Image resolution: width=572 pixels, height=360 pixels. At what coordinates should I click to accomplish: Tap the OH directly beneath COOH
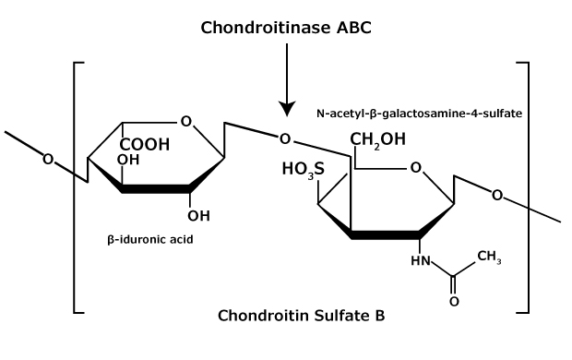point(129,159)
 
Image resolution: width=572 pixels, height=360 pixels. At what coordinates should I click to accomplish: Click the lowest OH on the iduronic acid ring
point(198,217)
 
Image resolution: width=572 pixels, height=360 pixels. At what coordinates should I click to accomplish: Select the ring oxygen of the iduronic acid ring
point(187,122)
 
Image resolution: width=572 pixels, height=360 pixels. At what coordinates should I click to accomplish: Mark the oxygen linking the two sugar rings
point(285,139)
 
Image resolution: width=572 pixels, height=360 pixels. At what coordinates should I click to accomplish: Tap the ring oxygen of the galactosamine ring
point(415,167)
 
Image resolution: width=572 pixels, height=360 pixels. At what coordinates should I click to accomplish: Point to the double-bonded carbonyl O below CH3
point(453,301)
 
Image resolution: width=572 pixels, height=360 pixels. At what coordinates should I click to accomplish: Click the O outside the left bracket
point(48,159)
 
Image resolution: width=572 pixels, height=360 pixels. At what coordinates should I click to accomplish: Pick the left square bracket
point(77,185)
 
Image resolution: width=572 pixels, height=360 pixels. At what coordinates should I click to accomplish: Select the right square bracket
point(526,185)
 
